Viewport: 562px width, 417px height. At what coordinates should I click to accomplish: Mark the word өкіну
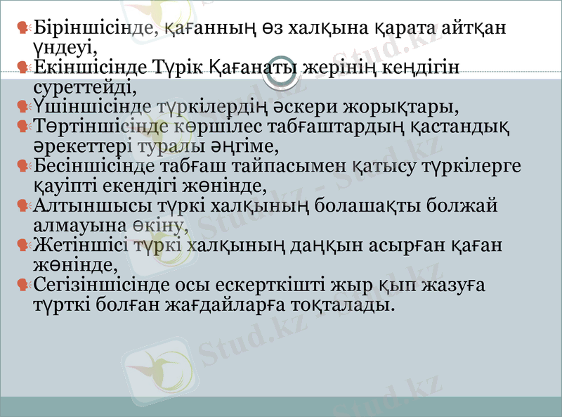tap(159, 226)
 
